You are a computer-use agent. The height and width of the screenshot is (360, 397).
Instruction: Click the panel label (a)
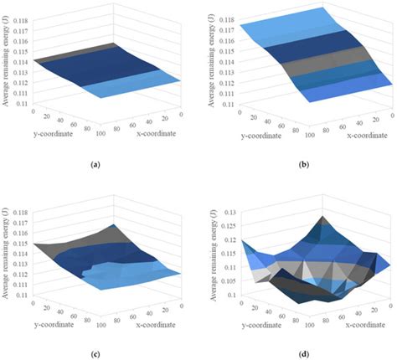point(99,164)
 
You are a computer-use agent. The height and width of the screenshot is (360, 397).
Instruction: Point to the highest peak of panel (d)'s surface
point(321,219)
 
